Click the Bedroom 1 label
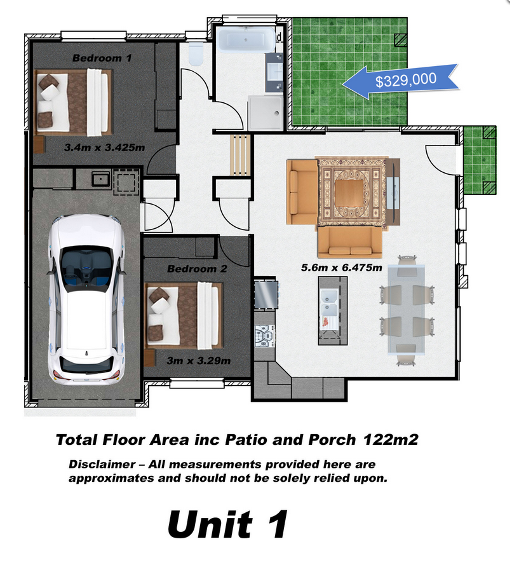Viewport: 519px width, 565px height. point(102,58)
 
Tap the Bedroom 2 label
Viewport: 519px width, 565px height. point(197,269)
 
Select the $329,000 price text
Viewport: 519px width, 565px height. point(405,80)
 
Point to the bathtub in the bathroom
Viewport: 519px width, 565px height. point(246,39)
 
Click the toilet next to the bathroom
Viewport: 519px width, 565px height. point(196,55)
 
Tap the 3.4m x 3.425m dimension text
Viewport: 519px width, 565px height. point(104,147)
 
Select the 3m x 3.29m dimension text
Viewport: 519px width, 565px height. point(198,361)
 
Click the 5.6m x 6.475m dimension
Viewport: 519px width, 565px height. point(341,268)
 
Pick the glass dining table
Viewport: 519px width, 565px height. point(407,310)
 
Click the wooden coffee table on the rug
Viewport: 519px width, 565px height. point(349,193)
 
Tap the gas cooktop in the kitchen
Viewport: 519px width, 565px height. point(264,336)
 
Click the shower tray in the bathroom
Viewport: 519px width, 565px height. point(266,112)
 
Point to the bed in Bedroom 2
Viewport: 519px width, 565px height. point(183,316)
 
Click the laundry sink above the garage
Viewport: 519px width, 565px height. point(101,179)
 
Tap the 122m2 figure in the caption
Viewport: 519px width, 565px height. point(391,440)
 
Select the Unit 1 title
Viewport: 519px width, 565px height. point(227,524)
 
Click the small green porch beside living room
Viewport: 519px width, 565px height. point(480,160)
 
